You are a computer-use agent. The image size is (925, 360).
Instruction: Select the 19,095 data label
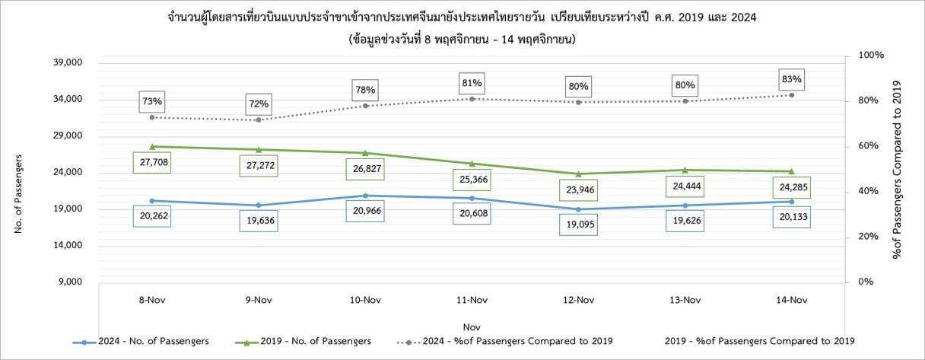click(579, 225)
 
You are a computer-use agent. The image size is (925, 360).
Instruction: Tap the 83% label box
click(792, 79)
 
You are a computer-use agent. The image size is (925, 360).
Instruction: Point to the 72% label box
click(259, 104)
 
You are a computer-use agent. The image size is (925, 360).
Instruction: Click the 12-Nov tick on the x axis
click(579, 300)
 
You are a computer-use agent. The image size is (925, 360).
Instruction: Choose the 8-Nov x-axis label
click(152, 300)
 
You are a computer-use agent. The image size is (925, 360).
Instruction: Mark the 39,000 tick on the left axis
click(68, 62)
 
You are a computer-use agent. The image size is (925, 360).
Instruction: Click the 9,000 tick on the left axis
click(70, 282)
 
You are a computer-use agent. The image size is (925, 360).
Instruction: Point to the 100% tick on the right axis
click(871, 55)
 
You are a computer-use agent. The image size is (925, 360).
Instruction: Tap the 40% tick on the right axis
click(868, 191)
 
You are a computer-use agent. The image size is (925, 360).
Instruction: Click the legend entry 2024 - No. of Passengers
click(141, 342)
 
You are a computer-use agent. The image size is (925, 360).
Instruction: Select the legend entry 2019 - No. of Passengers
click(303, 342)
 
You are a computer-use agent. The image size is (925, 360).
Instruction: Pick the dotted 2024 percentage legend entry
click(504, 342)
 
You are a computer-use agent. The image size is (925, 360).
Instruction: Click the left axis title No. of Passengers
click(18, 194)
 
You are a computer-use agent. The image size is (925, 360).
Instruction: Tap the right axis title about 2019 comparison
click(896, 170)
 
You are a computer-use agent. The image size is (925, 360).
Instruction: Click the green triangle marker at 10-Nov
click(365, 153)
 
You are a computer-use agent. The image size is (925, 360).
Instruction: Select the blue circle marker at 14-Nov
click(792, 202)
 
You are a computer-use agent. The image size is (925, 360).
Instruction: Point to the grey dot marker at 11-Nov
click(472, 99)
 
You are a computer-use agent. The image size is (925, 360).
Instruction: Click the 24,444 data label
click(685, 186)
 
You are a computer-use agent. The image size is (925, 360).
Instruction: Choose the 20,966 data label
click(365, 211)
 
